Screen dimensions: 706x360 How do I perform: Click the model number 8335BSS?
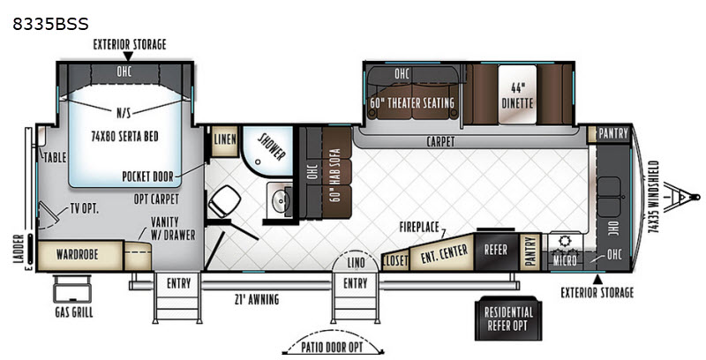pos(50,24)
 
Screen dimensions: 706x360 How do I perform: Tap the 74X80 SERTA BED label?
pos(124,136)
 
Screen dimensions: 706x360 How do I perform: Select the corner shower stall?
pos(267,151)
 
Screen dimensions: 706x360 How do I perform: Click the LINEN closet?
pos(225,140)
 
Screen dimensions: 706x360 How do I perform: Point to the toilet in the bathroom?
pos(224,201)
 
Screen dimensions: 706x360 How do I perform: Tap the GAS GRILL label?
pos(74,312)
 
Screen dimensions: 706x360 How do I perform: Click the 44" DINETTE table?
pos(517,94)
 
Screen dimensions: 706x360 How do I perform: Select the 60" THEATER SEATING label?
pos(412,102)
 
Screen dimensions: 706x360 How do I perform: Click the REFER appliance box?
pos(496,251)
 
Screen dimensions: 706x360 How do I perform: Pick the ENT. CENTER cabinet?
pos(443,253)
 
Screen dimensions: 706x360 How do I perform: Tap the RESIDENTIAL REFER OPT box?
pos(508,319)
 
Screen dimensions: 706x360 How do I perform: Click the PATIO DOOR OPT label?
pos(333,348)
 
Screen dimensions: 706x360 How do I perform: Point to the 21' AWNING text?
pos(258,299)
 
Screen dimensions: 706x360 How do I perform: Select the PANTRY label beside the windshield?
pos(613,133)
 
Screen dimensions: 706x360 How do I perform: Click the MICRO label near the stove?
pos(565,260)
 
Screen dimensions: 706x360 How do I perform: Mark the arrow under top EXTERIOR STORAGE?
pos(128,56)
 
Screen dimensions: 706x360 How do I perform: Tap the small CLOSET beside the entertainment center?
pos(395,261)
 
